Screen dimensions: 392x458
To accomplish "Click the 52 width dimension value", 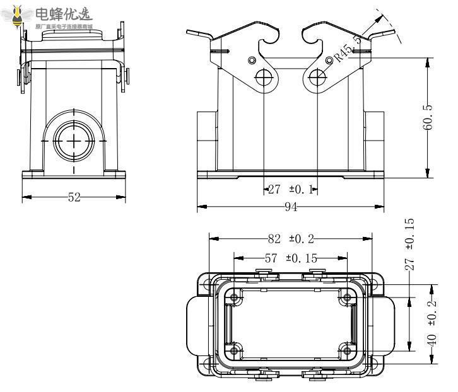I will pos(74,197).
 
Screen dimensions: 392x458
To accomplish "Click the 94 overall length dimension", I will pos(291,207).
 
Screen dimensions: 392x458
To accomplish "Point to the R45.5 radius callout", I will pos(348,49).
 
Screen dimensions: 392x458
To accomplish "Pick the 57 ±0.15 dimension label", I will pos(290,258).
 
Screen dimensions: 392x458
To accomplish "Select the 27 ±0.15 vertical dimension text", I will pos(410,245).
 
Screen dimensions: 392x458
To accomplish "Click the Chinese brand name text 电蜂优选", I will pos(63,13).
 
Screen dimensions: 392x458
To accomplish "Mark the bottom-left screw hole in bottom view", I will pos(235,350).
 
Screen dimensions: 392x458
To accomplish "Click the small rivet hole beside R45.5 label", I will pos(329,59).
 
